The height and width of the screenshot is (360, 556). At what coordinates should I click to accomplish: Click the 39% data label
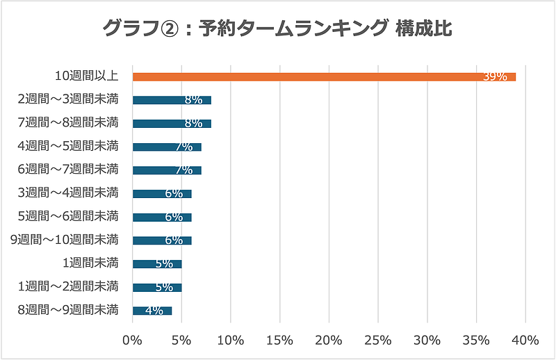[x=495, y=76]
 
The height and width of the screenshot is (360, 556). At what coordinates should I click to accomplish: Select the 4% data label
[x=154, y=311]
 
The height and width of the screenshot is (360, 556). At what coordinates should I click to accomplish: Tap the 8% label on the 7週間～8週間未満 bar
[x=193, y=123]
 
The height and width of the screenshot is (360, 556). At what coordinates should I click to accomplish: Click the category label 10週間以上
[x=87, y=76]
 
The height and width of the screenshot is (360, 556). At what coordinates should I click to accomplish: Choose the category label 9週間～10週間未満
[x=65, y=240]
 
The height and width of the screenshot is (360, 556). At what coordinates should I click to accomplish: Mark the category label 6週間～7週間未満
[x=68, y=169]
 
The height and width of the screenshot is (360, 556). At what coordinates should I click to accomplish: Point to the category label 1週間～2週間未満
[x=68, y=286]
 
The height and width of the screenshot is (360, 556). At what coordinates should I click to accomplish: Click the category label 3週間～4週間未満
[x=68, y=193]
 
